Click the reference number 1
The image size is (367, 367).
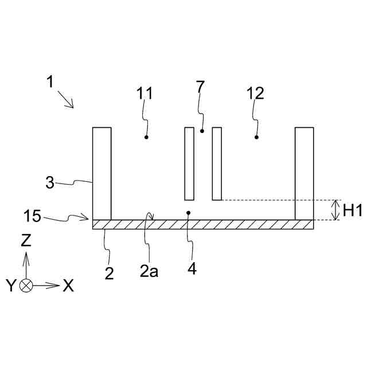click(x=50, y=82)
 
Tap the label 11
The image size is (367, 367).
click(x=145, y=93)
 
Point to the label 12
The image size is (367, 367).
click(x=255, y=93)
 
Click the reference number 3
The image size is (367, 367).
click(x=50, y=183)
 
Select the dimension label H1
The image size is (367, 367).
click(x=352, y=210)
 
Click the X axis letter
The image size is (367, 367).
click(x=68, y=286)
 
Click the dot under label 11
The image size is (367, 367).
click(x=147, y=138)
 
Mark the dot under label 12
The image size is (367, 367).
click(x=256, y=137)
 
